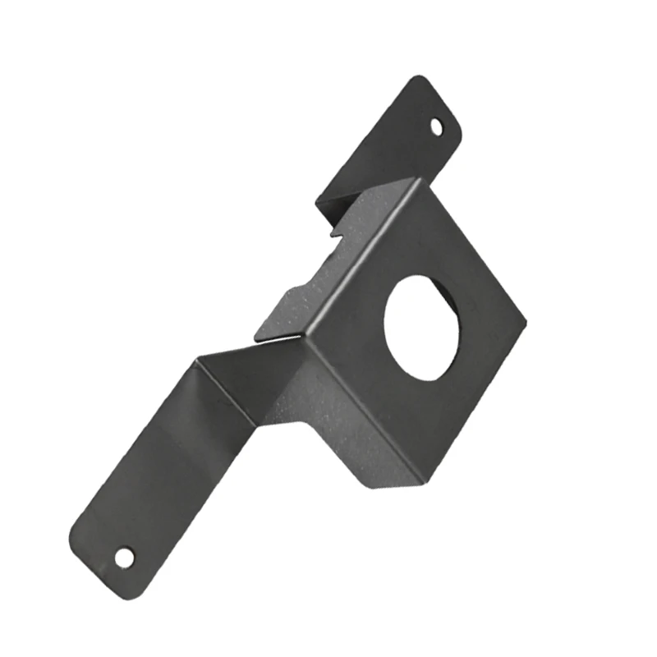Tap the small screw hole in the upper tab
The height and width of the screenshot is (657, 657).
[x=437, y=126]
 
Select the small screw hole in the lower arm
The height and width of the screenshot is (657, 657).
[x=123, y=558]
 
